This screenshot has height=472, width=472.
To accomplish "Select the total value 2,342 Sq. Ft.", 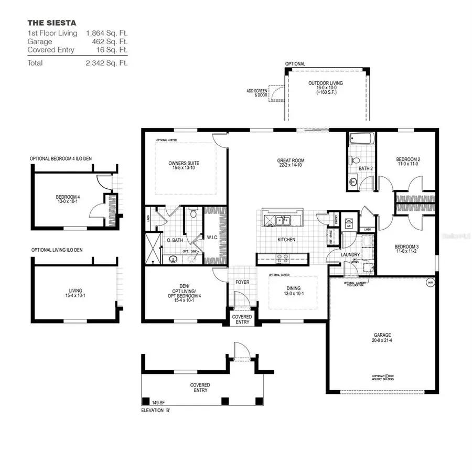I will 107,63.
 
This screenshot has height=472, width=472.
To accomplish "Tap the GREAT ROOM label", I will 291,160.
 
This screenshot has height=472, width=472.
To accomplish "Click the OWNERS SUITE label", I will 184,163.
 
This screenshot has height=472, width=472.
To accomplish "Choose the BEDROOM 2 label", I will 407,159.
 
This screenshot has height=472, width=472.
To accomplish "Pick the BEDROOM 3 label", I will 407,246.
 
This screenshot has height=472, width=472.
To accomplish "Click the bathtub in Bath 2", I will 361,140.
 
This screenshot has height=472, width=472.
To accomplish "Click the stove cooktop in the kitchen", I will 281,258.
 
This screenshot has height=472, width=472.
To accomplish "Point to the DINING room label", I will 293,288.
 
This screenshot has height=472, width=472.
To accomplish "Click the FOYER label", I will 242,282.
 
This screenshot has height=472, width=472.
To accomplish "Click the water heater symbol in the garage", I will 430,283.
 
